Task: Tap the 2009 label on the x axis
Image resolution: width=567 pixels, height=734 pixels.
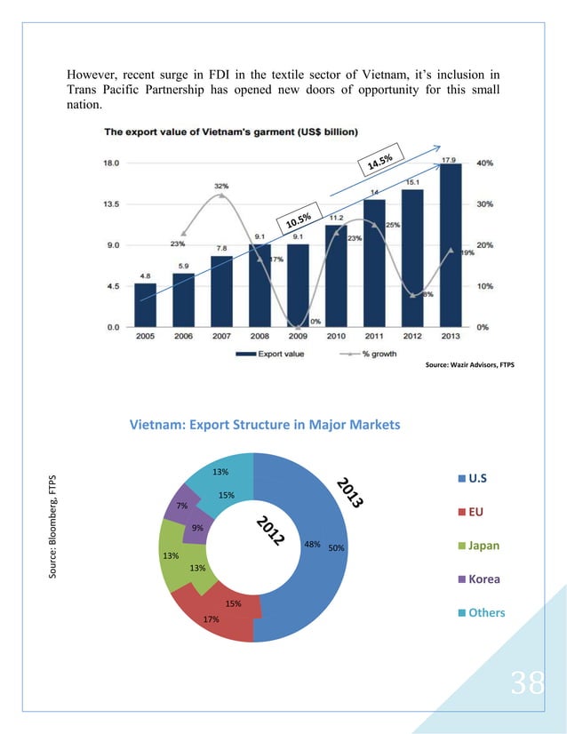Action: coord(298,338)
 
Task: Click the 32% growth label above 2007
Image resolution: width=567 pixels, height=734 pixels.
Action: coord(220,186)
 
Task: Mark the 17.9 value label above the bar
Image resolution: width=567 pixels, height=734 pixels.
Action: coord(450,158)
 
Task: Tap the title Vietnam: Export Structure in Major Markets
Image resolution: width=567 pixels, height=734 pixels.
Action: coord(266,425)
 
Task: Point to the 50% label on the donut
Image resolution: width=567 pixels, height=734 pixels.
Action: coord(336,548)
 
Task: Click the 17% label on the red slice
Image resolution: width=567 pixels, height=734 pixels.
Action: coord(211,619)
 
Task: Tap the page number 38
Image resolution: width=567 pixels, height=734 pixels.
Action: coord(528,682)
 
